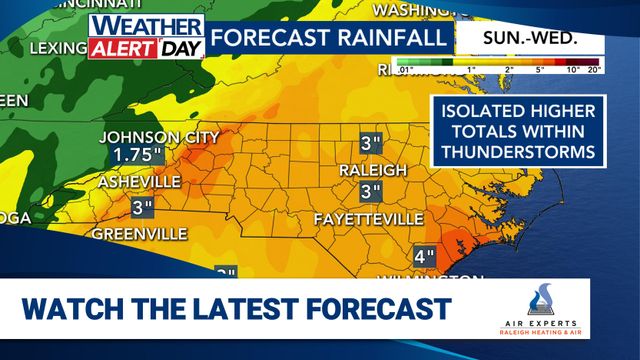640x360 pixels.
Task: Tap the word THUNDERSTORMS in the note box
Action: pyautogui.click(x=515, y=153)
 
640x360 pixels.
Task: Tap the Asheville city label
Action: pyautogui.click(x=139, y=182)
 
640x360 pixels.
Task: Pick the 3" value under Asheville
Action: pyautogui.click(x=142, y=208)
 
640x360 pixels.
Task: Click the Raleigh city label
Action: pyautogui.click(x=372, y=167)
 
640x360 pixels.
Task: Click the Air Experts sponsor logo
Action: pyautogui.click(x=544, y=311)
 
